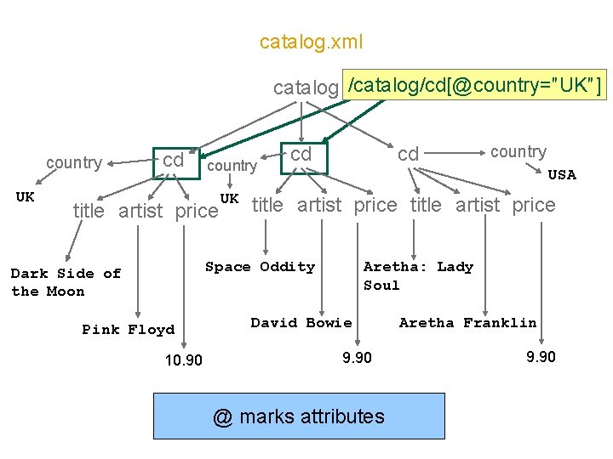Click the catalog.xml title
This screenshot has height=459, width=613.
pos(311,42)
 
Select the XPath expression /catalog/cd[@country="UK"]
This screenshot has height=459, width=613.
pos(475,85)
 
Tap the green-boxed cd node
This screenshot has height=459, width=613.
pos(175,161)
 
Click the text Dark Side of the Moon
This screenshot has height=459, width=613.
pos(66,282)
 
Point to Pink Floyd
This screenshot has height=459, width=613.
pos(128,330)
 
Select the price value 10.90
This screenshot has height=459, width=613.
pos(184,360)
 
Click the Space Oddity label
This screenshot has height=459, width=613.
pos(260,267)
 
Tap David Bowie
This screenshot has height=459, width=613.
pos(301,323)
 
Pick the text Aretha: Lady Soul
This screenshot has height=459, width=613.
pos(417,275)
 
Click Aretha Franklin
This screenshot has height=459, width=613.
pos(467,323)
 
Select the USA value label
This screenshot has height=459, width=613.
pos(561,175)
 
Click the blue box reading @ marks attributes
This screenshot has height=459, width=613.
pos(299,416)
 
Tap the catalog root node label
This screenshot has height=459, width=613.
pos(306,88)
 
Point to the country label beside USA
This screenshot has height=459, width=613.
pos(518,152)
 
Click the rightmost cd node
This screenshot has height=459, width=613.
pos(409,154)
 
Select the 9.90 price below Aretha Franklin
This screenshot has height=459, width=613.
pos(541,357)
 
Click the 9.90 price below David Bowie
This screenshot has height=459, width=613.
pos(357,357)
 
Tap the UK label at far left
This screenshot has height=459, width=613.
pos(26,197)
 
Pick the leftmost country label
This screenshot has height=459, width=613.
pos(74,162)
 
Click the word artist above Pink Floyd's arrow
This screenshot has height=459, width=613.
pos(141,211)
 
